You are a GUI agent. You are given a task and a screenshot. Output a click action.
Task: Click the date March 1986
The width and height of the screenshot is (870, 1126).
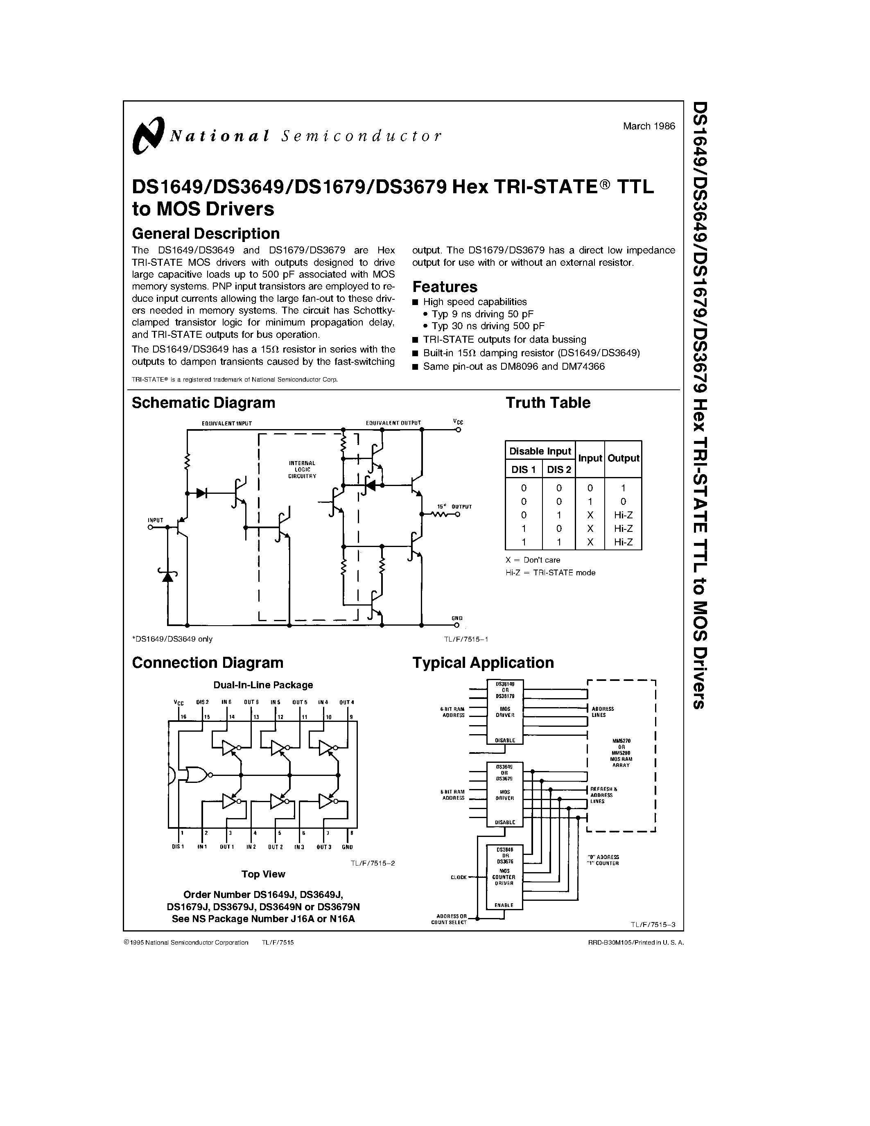click(649, 126)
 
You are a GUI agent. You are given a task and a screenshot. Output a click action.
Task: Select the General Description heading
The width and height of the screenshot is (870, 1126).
click(206, 233)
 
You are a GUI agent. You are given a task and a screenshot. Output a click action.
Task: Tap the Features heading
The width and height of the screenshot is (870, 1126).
click(445, 287)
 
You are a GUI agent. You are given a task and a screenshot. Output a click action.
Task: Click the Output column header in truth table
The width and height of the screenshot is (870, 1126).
click(623, 458)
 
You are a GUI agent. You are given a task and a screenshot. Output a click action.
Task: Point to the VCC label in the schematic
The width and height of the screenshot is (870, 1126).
click(458, 422)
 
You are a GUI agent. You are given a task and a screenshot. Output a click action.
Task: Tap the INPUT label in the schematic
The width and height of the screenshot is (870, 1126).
click(155, 520)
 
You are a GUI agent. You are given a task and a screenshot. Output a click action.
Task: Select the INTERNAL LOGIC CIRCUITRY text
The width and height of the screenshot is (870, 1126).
click(302, 469)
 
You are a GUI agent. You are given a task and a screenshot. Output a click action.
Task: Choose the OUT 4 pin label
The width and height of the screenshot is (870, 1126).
click(347, 702)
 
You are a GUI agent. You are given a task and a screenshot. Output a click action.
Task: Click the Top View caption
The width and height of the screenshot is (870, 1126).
click(263, 874)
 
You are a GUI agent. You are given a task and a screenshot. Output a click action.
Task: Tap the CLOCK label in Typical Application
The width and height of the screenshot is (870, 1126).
click(458, 877)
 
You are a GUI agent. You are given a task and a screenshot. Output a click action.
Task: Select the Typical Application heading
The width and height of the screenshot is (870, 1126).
click(483, 662)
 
